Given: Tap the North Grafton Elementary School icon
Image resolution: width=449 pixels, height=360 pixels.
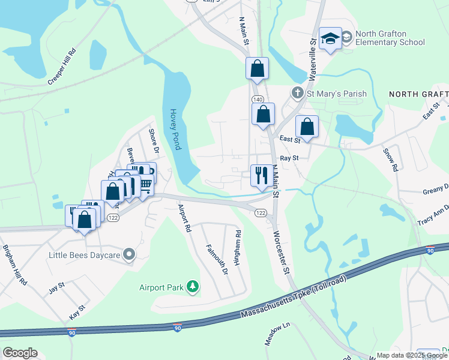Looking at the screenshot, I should [330, 38].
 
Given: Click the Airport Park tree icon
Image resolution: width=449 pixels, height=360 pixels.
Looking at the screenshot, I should [193, 287].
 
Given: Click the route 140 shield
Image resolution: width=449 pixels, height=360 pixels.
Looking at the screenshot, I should [258, 99].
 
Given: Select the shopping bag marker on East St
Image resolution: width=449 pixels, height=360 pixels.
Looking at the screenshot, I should [307, 127].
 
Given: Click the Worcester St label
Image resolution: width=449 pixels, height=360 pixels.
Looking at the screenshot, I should [282, 252].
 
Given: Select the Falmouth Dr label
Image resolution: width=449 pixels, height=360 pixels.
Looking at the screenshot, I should [217, 259].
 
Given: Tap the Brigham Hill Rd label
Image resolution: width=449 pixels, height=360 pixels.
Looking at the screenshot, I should [15, 265].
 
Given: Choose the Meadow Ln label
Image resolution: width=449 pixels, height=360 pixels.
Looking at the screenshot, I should [277, 334].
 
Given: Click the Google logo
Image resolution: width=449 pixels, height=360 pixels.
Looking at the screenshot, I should [20, 353].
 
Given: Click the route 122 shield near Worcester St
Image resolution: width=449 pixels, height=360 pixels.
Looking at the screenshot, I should [261, 213].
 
